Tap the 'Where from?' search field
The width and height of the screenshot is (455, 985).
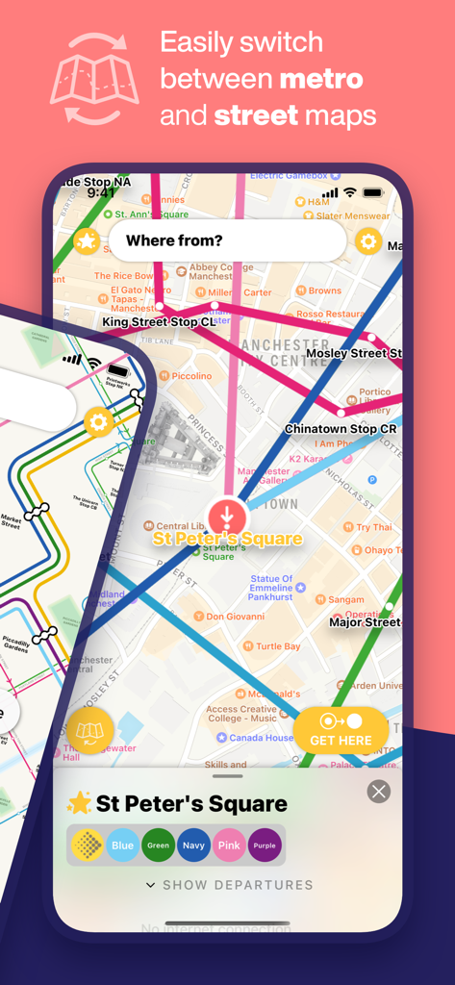[x=226, y=240]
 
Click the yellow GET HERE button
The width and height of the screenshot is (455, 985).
[x=341, y=731]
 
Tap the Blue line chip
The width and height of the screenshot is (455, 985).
[x=122, y=846]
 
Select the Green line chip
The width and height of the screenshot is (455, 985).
[x=158, y=846]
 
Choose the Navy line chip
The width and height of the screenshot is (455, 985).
[x=193, y=846]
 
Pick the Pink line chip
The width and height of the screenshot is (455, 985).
[x=229, y=846]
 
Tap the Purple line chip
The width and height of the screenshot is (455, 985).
[x=265, y=846]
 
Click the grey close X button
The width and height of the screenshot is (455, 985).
[x=379, y=792]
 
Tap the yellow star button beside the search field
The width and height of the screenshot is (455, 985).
[x=87, y=241]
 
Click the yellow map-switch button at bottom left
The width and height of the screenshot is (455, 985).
[x=89, y=732]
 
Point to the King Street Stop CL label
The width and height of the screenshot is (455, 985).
[x=159, y=322]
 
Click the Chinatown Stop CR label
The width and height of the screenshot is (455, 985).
[x=341, y=429]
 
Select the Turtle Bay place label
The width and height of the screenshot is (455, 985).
[x=277, y=646]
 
